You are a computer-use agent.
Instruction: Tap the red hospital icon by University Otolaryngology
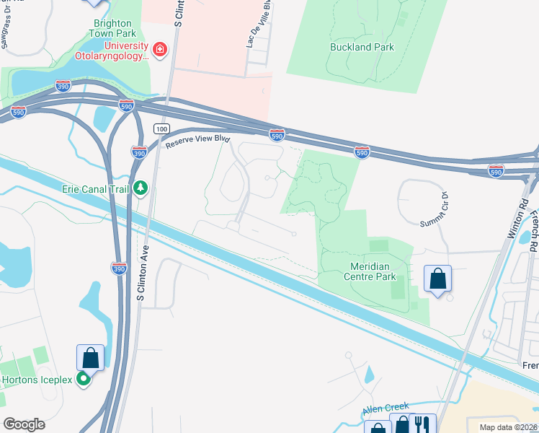tap(159, 49)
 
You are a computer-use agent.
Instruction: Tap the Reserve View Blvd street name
tap(197, 140)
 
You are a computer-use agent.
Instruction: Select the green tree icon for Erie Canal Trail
tap(141, 189)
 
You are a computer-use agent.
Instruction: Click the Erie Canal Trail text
tap(95, 189)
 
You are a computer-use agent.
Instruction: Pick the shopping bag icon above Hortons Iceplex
tap(90, 357)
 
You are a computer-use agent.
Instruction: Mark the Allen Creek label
tap(386, 407)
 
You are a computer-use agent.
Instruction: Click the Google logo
tap(24, 424)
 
